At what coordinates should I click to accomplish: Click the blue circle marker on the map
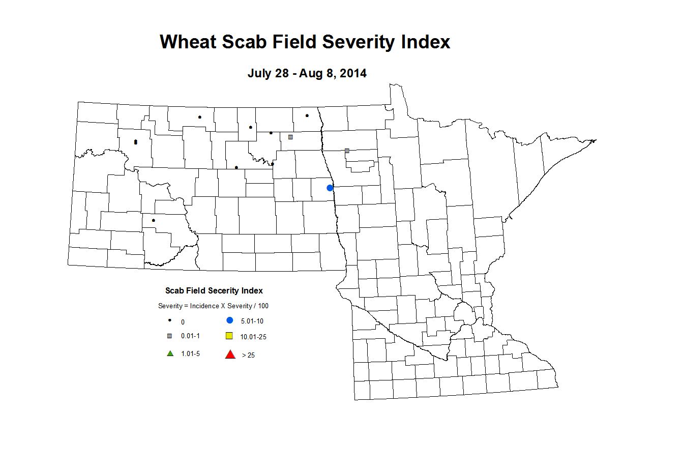[330, 188]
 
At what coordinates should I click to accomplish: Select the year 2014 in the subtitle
[353, 73]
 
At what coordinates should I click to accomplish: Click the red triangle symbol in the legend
[230, 355]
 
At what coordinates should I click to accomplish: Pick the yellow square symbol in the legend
[229, 336]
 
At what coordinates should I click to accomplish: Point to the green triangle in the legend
[170, 354]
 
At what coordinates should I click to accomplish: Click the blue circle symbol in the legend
[230, 320]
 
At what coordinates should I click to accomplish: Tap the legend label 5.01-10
[252, 321]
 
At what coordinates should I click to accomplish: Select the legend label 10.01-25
[253, 337]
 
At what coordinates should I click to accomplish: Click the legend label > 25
[248, 355]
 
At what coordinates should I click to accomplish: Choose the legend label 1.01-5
[190, 354]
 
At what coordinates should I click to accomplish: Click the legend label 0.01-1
[190, 336]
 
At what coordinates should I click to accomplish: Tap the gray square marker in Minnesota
[347, 151]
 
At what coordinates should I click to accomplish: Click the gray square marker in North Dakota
[290, 137]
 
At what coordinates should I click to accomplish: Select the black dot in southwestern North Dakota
[153, 220]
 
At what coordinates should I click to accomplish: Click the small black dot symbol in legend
[170, 320]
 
